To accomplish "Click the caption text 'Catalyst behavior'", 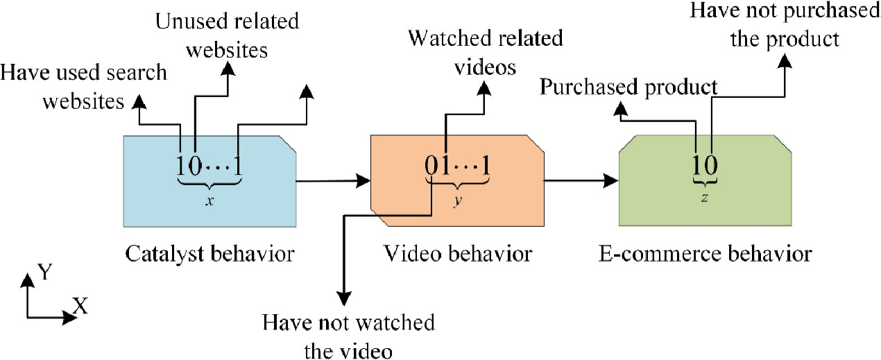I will click(x=209, y=254).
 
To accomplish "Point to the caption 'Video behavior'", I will click(x=458, y=254).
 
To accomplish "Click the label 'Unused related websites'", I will click(x=228, y=36).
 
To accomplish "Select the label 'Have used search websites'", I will click(x=85, y=87).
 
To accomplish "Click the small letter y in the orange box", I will click(x=456, y=198).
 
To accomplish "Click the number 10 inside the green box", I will click(x=704, y=165).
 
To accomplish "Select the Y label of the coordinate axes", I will click(x=45, y=273).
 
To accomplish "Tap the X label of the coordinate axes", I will click(x=80, y=306).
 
